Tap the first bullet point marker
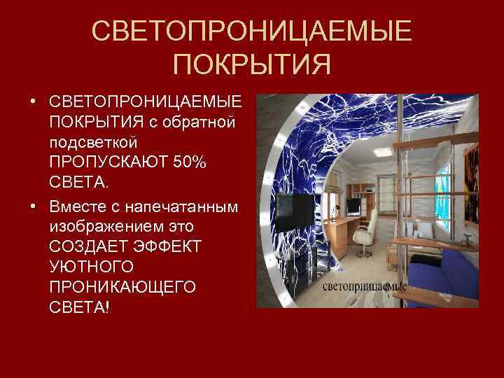tap(34, 103)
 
